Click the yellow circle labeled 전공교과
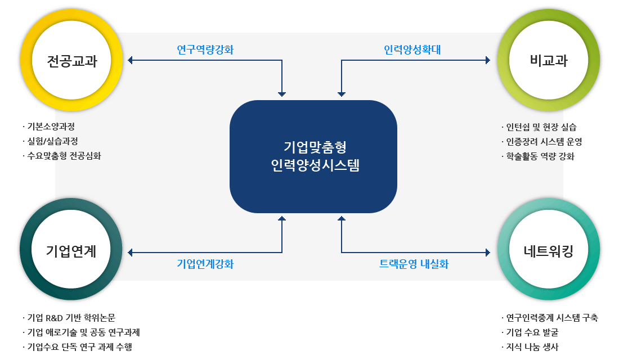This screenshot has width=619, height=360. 71,61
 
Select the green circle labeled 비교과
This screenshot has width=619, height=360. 549,61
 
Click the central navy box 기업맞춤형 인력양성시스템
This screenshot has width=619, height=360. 313,156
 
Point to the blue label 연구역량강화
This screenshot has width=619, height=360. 205,50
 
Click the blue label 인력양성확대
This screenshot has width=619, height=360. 412,50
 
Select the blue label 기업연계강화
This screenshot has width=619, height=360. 205,264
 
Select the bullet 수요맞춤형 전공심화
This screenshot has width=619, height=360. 64,156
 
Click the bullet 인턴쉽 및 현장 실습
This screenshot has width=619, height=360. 541,127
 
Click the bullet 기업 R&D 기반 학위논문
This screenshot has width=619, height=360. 71,318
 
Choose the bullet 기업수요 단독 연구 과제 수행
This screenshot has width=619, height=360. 79,347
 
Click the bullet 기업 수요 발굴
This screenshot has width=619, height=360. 532,332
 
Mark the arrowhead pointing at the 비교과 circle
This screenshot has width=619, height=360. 488,60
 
